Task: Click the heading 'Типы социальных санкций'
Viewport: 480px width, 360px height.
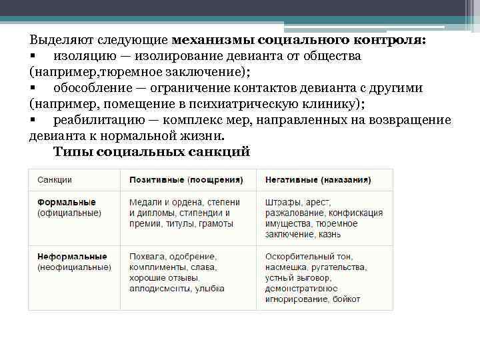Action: pyautogui.click(x=151, y=152)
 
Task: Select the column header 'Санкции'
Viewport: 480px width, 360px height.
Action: pyautogui.click(x=55, y=180)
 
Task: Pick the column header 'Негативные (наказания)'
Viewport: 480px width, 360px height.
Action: pyautogui.click(x=318, y=180)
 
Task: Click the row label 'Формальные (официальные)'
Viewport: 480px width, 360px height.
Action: pyautogui.click(x=69, y=207)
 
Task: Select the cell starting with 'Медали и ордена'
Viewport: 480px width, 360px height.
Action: pyautogui.click(x=180, y=213)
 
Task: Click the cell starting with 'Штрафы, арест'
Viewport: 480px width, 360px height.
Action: pyautogui.click(x=323, y=218)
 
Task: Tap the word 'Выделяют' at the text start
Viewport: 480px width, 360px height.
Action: pyautogui.click(x=59, y=39)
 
